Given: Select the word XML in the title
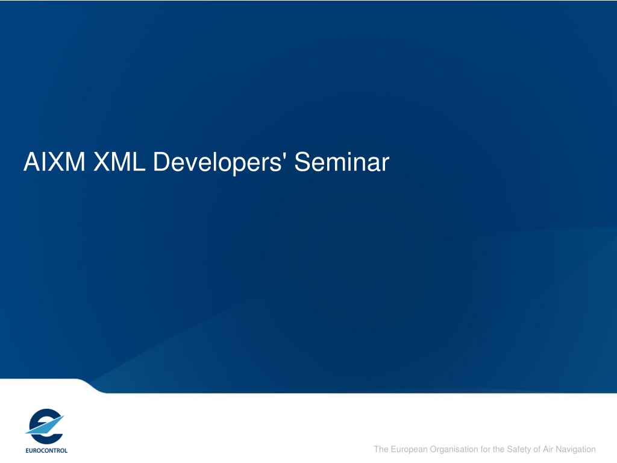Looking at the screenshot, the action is click(119, 162).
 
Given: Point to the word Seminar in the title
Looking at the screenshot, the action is click(342, 162).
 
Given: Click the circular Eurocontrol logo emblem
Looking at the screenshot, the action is click(45, 426).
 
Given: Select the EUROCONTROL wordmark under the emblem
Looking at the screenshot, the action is click(46, 450).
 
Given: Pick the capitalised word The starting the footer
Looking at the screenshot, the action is click(381, 449).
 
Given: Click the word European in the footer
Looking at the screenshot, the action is click(409, 450).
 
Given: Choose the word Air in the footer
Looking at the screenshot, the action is click(548, 449).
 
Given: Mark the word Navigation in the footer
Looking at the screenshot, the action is click(575, 450).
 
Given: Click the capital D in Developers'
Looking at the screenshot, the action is click(161, 162).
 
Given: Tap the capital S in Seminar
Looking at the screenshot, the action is click(302, 162).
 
